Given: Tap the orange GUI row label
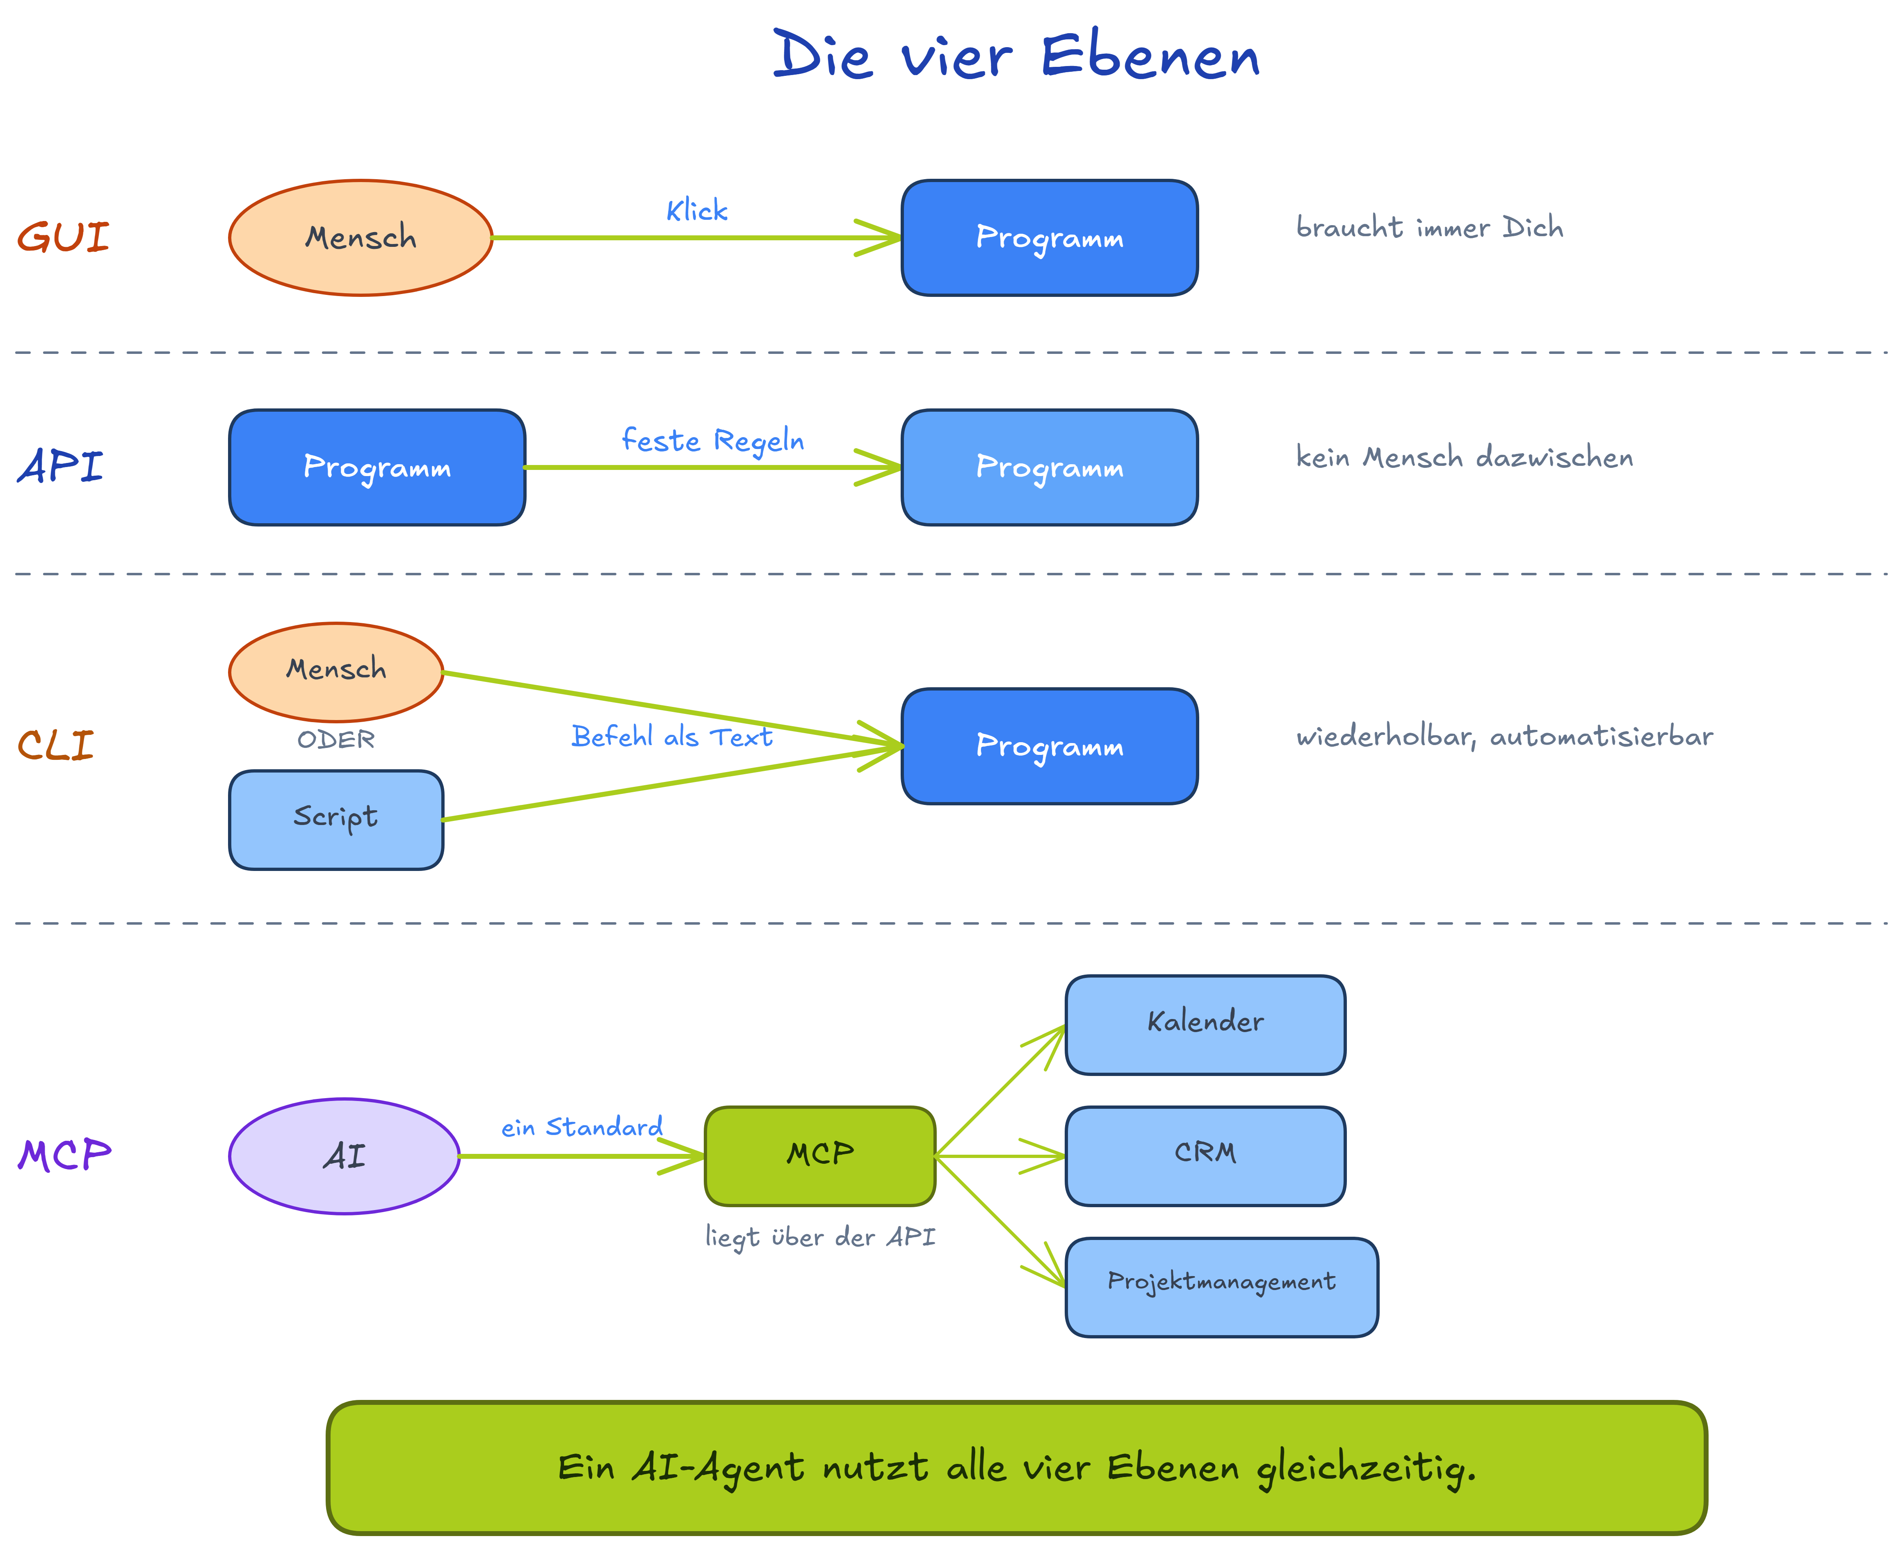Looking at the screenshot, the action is [x=64, y=237].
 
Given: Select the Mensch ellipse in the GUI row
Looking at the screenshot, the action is [x=361, y=237].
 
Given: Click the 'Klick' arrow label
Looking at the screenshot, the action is [x=696, y=211].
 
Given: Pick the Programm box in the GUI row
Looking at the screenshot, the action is [x=1049, y=237].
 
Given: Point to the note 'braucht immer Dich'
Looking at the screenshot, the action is [x=1429, y=228].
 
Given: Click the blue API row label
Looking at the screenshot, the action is [x=60, y=466].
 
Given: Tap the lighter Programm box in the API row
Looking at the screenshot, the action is [x=1049, y=467].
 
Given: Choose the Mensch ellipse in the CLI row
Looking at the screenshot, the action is [x=336, y=671].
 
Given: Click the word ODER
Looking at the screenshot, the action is [x=336, y=739].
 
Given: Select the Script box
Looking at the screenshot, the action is [x=336, y=820].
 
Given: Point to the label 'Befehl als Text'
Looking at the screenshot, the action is [x=671, y=736].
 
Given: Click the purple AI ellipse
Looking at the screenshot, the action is [x=344, y=1156].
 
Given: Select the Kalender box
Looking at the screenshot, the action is [x=1205, y=1025].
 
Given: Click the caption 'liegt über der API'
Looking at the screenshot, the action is [x=820, y=1238].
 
